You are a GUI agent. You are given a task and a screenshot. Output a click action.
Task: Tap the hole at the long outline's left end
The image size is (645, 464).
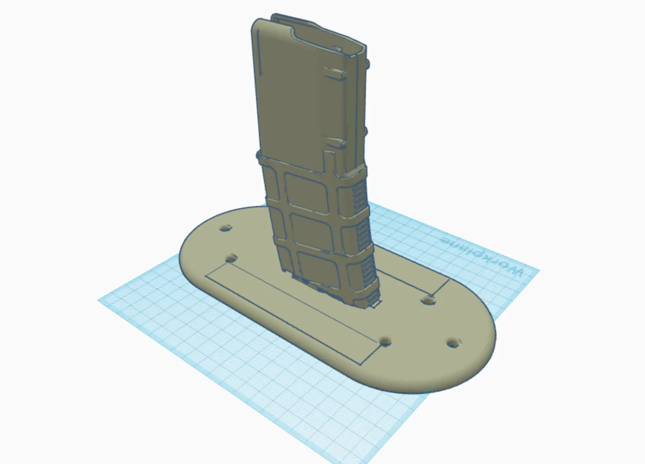[x=231, y=259]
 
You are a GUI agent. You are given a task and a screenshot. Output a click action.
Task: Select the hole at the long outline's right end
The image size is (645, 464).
[x=385, y=342]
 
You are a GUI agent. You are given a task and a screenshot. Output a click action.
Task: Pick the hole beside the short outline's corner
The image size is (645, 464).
[x=428, y=301]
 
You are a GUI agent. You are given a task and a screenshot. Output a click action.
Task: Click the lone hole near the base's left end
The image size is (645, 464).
[x=226, y=229]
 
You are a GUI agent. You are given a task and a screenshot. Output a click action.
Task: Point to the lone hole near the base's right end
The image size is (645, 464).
[x=453, y=343]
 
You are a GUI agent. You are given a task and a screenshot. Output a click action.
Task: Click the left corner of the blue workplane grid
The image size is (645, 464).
[x=98, y=300]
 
